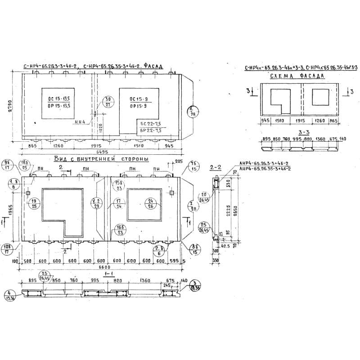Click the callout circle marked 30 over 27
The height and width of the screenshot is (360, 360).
point(108,102)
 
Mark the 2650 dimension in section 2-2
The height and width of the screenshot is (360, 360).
point(235,209)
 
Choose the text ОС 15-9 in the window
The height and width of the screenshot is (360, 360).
point(138,99)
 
